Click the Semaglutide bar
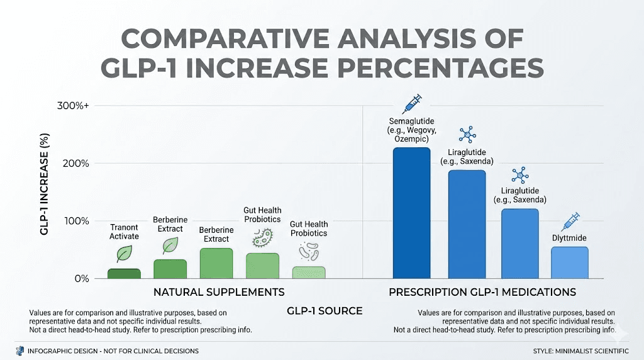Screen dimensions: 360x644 click(x=411, y=213)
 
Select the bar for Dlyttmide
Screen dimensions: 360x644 click(x=570, y=262)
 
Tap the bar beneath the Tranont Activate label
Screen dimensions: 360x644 click(x=124, y=273)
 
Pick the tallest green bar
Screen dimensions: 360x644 click(x=216, y=263)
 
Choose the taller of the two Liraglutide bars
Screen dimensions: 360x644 click(x=467, y=224)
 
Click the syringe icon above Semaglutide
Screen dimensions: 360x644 click(x=411, y=103)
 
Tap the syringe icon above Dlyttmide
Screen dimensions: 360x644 click(x=570, y=222)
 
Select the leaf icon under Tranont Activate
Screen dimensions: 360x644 click(x=125, y=254)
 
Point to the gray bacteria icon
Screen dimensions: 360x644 click(x=308, y=252)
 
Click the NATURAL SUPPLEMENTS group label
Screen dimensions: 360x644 click(x=219, y=292)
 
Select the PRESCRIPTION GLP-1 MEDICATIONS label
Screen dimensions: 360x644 click(x=482, y=292)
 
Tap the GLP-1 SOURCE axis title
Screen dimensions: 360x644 click(x=325, y=311)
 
